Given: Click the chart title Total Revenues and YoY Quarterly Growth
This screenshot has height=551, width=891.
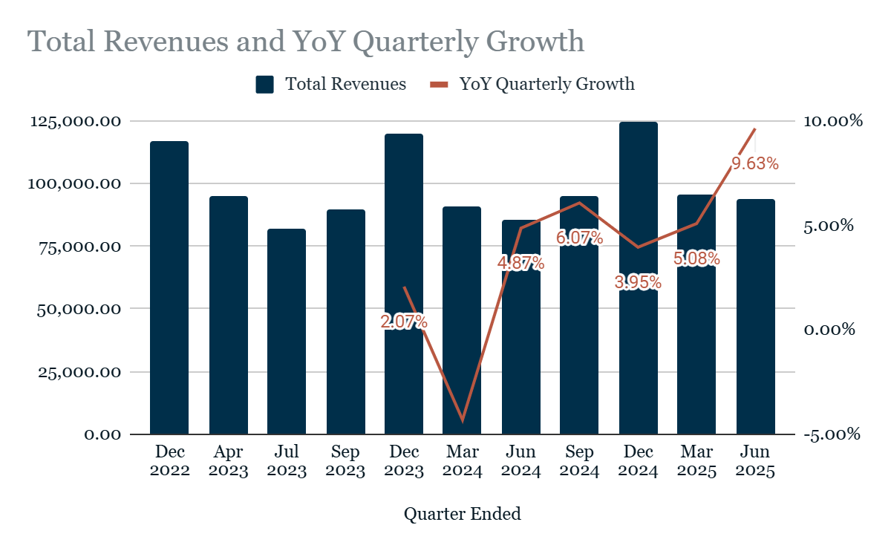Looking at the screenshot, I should (306, 42).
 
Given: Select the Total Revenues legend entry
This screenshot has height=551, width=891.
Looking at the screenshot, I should (331, 84).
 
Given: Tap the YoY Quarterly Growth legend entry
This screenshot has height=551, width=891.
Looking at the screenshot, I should (533, 84).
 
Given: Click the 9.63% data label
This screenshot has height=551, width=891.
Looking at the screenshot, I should (755, 164).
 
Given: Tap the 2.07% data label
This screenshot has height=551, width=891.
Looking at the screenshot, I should (404, 322).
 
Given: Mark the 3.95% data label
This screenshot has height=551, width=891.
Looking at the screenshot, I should (638, 282).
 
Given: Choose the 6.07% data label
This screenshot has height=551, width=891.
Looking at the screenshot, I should (579, 238).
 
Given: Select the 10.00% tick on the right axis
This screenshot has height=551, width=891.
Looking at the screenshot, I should (832, 121).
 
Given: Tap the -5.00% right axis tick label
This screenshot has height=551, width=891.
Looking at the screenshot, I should (832, 434).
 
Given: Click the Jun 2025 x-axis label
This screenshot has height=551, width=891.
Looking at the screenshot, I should (756, 461).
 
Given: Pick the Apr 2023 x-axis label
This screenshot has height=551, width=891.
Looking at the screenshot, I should (229, 461).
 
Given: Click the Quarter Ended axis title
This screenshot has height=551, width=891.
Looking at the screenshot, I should (462, 513).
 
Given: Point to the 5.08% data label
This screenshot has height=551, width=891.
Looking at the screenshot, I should (696, 258).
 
